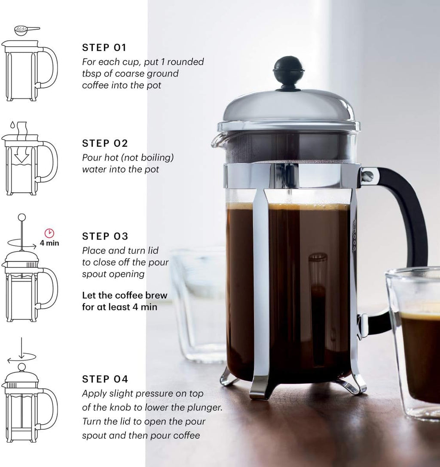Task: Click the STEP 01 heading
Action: [x=104, y=47]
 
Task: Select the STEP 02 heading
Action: [x=105, y=143]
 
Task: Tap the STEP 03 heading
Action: [x=105, y=237]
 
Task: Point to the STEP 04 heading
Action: [x=105, y=379]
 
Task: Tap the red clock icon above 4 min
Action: [x=49, y=233]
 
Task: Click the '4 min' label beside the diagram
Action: [x=49, y=243]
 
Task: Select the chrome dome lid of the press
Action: [x=289, y=107]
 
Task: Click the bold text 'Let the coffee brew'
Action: [x=125, y=296]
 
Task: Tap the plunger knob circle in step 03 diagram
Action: [x=21, y=218]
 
